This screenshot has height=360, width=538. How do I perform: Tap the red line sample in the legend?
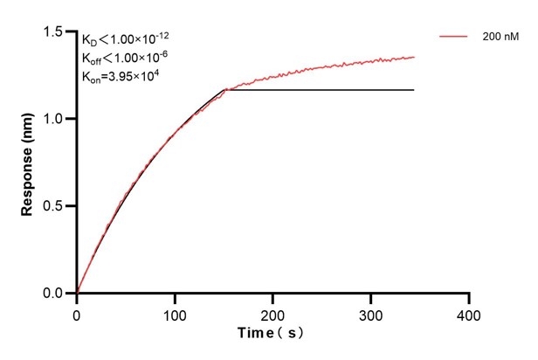tap(455, 38)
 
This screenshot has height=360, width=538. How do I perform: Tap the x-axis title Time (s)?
tap(272, 334)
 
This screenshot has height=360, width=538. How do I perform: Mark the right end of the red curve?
tap(414, 57)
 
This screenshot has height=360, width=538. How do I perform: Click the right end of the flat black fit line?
tap(414, 90)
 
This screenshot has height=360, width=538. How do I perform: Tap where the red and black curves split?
tap(226, 89)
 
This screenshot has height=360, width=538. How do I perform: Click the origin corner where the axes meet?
tap(77, 294)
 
